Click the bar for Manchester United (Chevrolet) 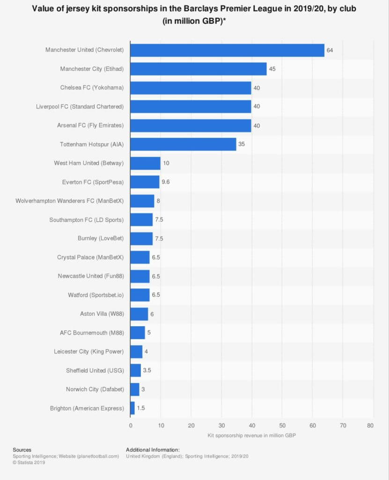pyautogui.click(x=227, y=50)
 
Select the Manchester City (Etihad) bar pyautogui.click(x=198, y=69)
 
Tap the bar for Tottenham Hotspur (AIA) pyautogui.click(x=183, y=144)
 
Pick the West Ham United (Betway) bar pyautogui.click(x=145, y=163)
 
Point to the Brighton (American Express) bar pyautogui.click(x=132, y=408)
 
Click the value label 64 pyautogui.click(x=330, y=50)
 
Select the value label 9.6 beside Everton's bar pyautogui.click(x=165, y=182)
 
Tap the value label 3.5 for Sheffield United pyautogui.click(x=147, y=370)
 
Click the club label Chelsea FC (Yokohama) pyautogui.click(x=92, y=88)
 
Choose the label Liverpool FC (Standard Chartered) pyautogui.click(x=80, y=106)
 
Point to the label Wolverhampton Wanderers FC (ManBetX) pyautogui.click(x=69, y=201)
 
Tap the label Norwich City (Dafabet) pyautogui.click(x=95, y=389)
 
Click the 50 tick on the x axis pyautogui.click(x=282, y=425)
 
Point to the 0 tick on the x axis pyautogui.click(x=131, y=425)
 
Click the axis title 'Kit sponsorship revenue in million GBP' pyautogui.click(x=251, y=435)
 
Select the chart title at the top pyautogui.click(x=194, y=15)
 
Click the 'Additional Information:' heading pyautogui.click(x=153, y=450)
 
